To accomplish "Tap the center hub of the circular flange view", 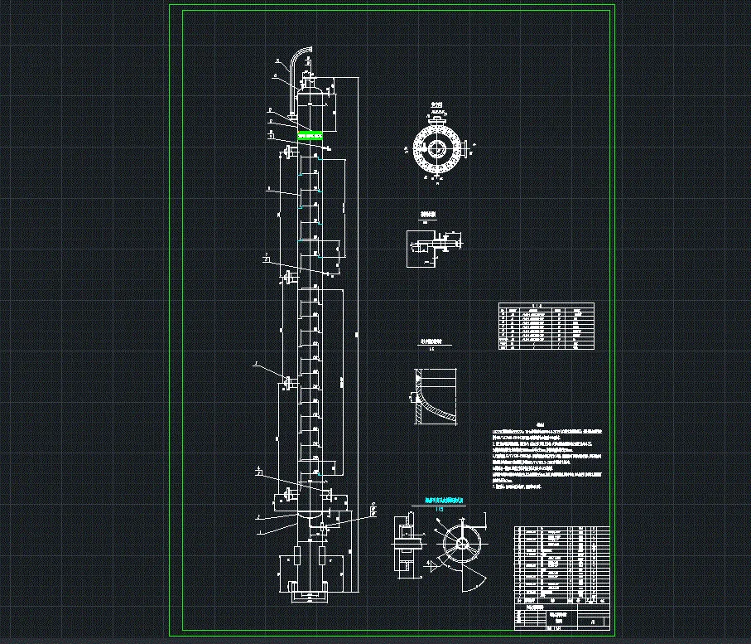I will pyautogui.click(x=435, y=150).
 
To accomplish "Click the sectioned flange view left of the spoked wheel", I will pyautogui.click(x=406, y=547).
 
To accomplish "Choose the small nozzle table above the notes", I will pyautogui.click(x=546, y=328).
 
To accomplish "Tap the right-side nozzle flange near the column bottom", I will pyautogui.click(x=330, y=495).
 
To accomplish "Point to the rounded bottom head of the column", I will pyautogui.click(x=309, y=519).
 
